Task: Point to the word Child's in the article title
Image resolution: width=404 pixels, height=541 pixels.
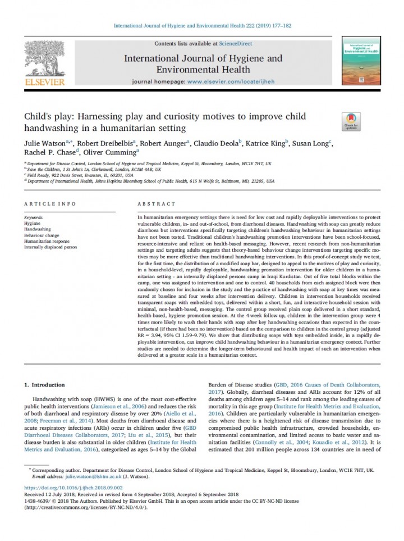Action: [38, 117]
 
